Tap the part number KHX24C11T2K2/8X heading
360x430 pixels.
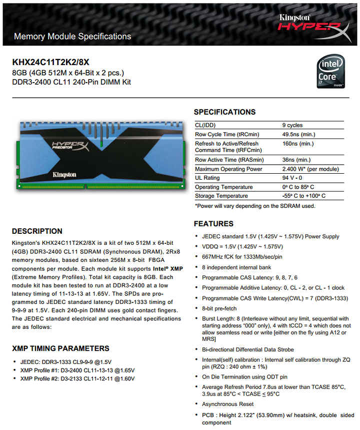[50, 63]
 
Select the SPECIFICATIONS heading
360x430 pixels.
[224, 112]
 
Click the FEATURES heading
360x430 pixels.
[213, 224]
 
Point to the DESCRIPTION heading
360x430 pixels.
[37, 231]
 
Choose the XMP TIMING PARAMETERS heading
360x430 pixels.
[60, 348]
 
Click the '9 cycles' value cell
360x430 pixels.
[292, 125]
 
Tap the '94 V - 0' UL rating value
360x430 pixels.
[292, 178]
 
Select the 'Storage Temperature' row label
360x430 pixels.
[221, 196]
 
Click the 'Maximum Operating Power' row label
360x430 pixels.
[228, 169]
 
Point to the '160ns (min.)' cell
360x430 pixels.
[298, 144]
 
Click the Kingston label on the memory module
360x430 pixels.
[64, 175]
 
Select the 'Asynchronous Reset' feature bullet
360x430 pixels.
[227, 404]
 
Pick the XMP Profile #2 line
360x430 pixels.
[77, 379]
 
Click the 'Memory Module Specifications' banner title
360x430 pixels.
[72, 37]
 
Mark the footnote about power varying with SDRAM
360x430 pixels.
[255, 206]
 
